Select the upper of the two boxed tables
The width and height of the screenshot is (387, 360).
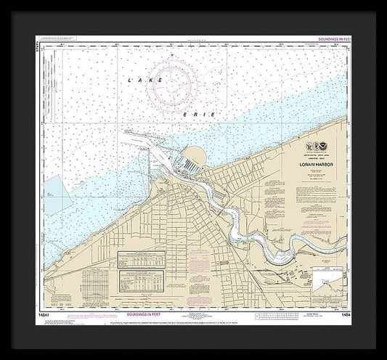[139, 260]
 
